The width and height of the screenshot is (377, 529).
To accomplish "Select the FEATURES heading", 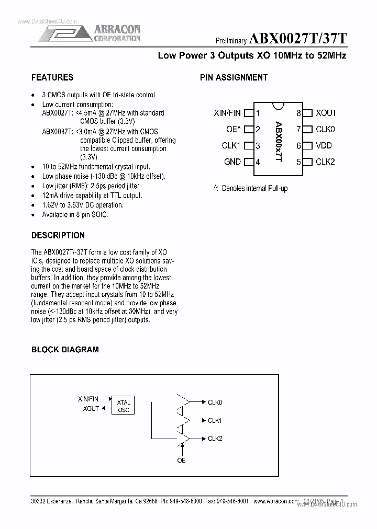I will (52, 77).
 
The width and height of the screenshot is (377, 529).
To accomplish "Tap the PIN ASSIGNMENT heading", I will (234, 77).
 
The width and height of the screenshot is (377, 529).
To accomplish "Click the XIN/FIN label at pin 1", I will (227, 113).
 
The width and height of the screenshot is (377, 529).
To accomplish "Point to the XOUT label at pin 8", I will (326, 113).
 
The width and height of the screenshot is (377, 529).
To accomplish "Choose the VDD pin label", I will (324, 146).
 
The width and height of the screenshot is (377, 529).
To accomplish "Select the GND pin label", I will (232, 162).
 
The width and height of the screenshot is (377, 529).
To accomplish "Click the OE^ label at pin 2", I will (233, 129).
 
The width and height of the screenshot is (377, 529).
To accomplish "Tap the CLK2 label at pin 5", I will (325, 162).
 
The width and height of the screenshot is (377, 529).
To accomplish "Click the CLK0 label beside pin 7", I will (325, 129).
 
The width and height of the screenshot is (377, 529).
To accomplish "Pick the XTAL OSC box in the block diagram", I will (124, 406).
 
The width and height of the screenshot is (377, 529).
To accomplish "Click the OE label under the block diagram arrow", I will (181, 460).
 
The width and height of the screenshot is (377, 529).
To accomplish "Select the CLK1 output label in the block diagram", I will (215, 420).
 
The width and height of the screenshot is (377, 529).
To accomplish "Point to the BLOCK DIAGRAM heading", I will (65, 349).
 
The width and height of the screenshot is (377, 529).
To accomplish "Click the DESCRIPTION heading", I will (58, 235).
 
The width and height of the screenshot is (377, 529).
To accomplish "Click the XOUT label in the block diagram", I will (91, 409).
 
